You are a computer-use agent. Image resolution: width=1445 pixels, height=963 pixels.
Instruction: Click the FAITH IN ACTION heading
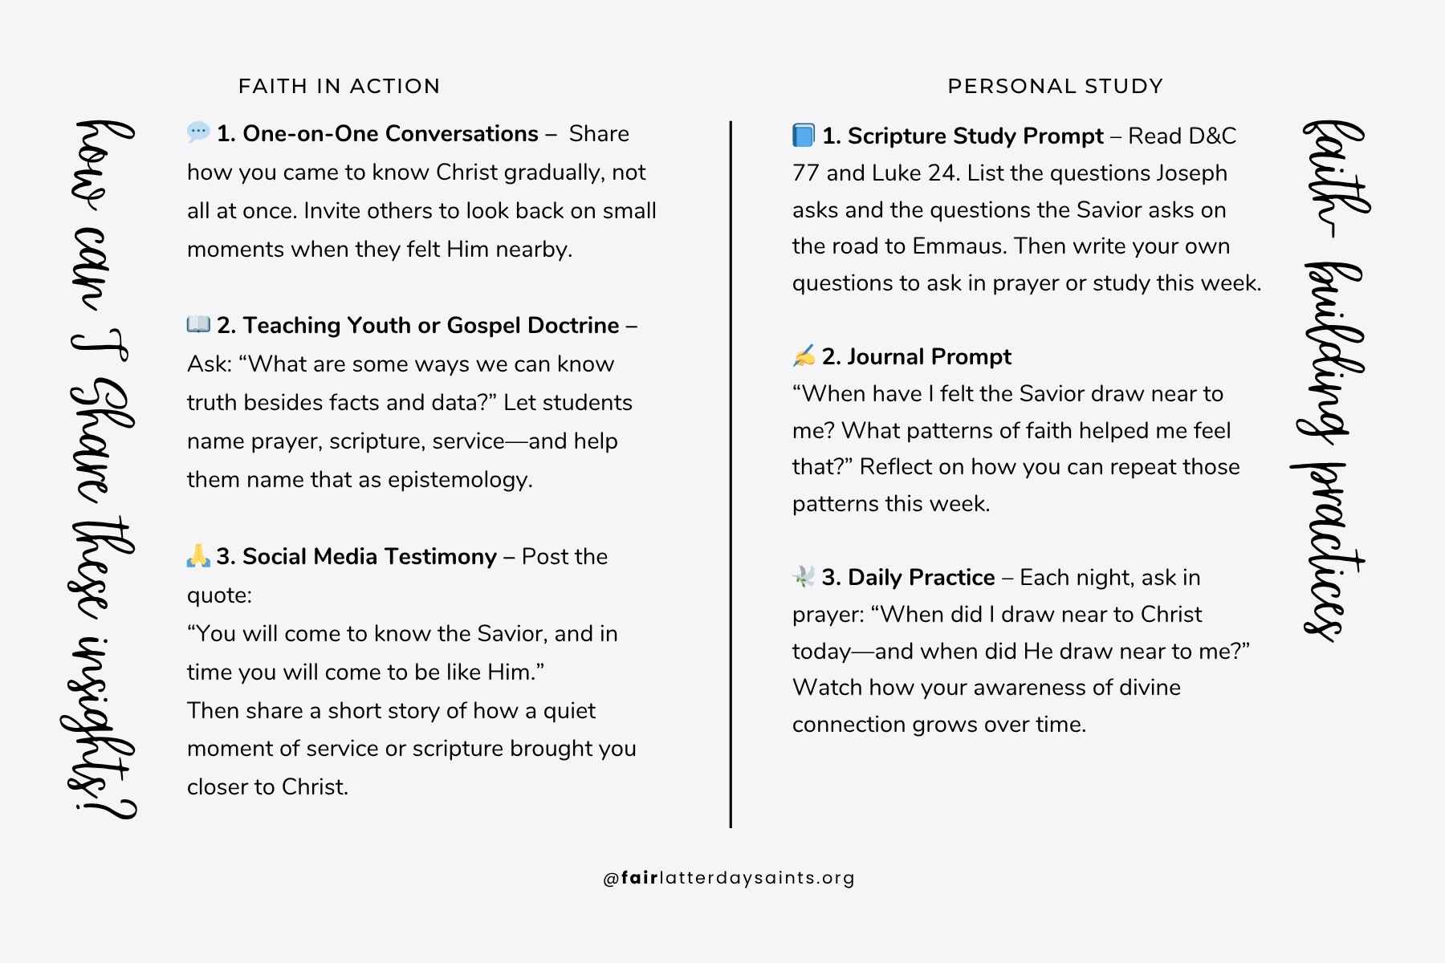tap(339, 86)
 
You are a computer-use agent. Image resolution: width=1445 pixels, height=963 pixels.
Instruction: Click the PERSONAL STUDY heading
tap(1055, 86)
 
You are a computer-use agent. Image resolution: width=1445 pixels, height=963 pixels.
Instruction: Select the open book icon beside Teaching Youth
tap(198, 324)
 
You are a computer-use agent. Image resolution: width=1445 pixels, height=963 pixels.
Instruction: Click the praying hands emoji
tap(198, 555)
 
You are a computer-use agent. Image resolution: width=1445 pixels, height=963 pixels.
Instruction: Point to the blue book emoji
tap(804, 135)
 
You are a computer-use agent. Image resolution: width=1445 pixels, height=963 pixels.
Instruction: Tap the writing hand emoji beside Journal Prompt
tap(804, 356)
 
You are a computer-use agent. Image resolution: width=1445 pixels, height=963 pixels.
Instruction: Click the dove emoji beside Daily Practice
tap(804, 576)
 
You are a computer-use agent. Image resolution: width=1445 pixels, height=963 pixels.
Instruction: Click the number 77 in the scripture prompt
tap(806, 173)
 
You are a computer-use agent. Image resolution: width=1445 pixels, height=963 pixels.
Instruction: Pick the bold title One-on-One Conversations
tap(390, 133)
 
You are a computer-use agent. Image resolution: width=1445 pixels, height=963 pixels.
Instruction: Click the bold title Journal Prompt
tap(929, 356)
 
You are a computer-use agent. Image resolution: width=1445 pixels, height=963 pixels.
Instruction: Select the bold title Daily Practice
tap(921, 577)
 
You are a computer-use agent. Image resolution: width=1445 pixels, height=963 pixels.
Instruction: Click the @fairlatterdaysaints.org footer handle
tap(729, 878)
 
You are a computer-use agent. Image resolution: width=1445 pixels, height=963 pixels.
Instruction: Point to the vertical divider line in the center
tap(731, 473)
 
